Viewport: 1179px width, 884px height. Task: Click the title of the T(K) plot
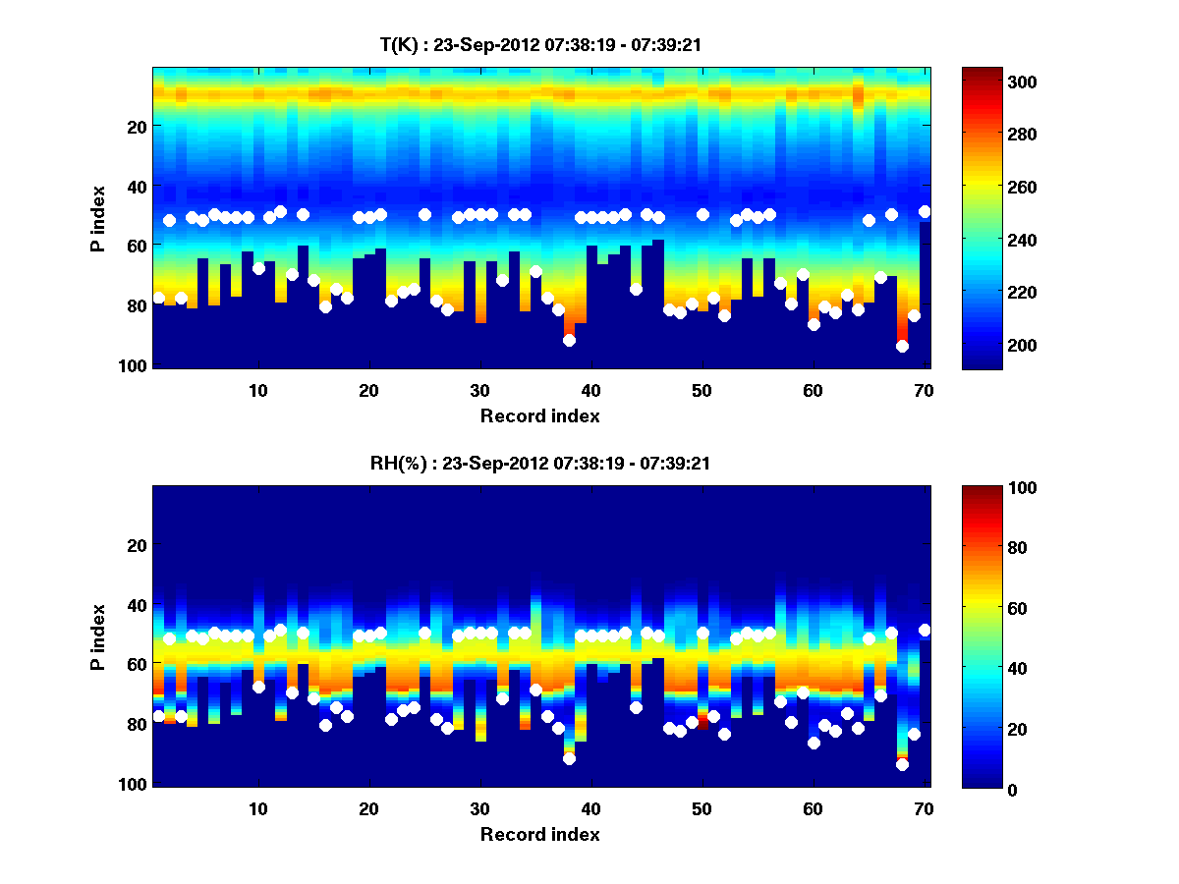[x=539, y=44]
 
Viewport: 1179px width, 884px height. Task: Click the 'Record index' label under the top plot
[x=539, y=415]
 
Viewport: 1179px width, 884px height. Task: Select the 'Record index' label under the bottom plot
[x=539, y=834]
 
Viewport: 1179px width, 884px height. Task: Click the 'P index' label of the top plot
[x=98, y=218]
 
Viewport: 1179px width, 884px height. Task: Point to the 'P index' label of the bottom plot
[x=98, y=636]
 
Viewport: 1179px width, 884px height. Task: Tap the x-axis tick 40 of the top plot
[x=591, y=390]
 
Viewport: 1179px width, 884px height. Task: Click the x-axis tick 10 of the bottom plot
[x=258, y=808]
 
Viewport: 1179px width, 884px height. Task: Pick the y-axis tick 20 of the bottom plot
[x=138, y=545]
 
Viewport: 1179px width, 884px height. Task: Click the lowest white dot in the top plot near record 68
[x=902, y=346]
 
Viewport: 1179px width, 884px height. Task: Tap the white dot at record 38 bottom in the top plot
[x=569, y=340]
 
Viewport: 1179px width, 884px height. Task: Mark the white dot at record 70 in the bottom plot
[x=925, y=630]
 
